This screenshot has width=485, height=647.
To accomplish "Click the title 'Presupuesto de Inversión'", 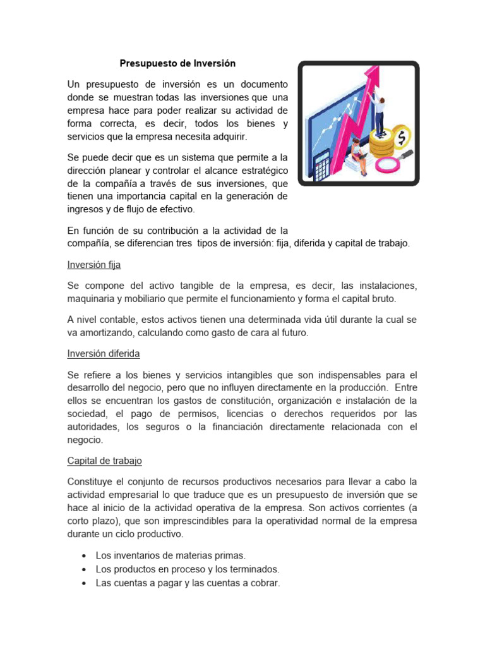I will coord(177,64).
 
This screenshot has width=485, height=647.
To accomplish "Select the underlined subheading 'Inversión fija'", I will coord(94,265).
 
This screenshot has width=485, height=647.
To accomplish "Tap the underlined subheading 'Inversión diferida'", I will coord(104,353).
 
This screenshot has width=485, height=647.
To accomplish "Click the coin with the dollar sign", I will coord(401,135).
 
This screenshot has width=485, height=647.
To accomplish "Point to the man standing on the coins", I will coord(380,114).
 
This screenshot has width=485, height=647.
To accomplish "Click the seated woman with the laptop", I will coord(360,155).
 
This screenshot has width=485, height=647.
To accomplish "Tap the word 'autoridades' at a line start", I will coord(93,427).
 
